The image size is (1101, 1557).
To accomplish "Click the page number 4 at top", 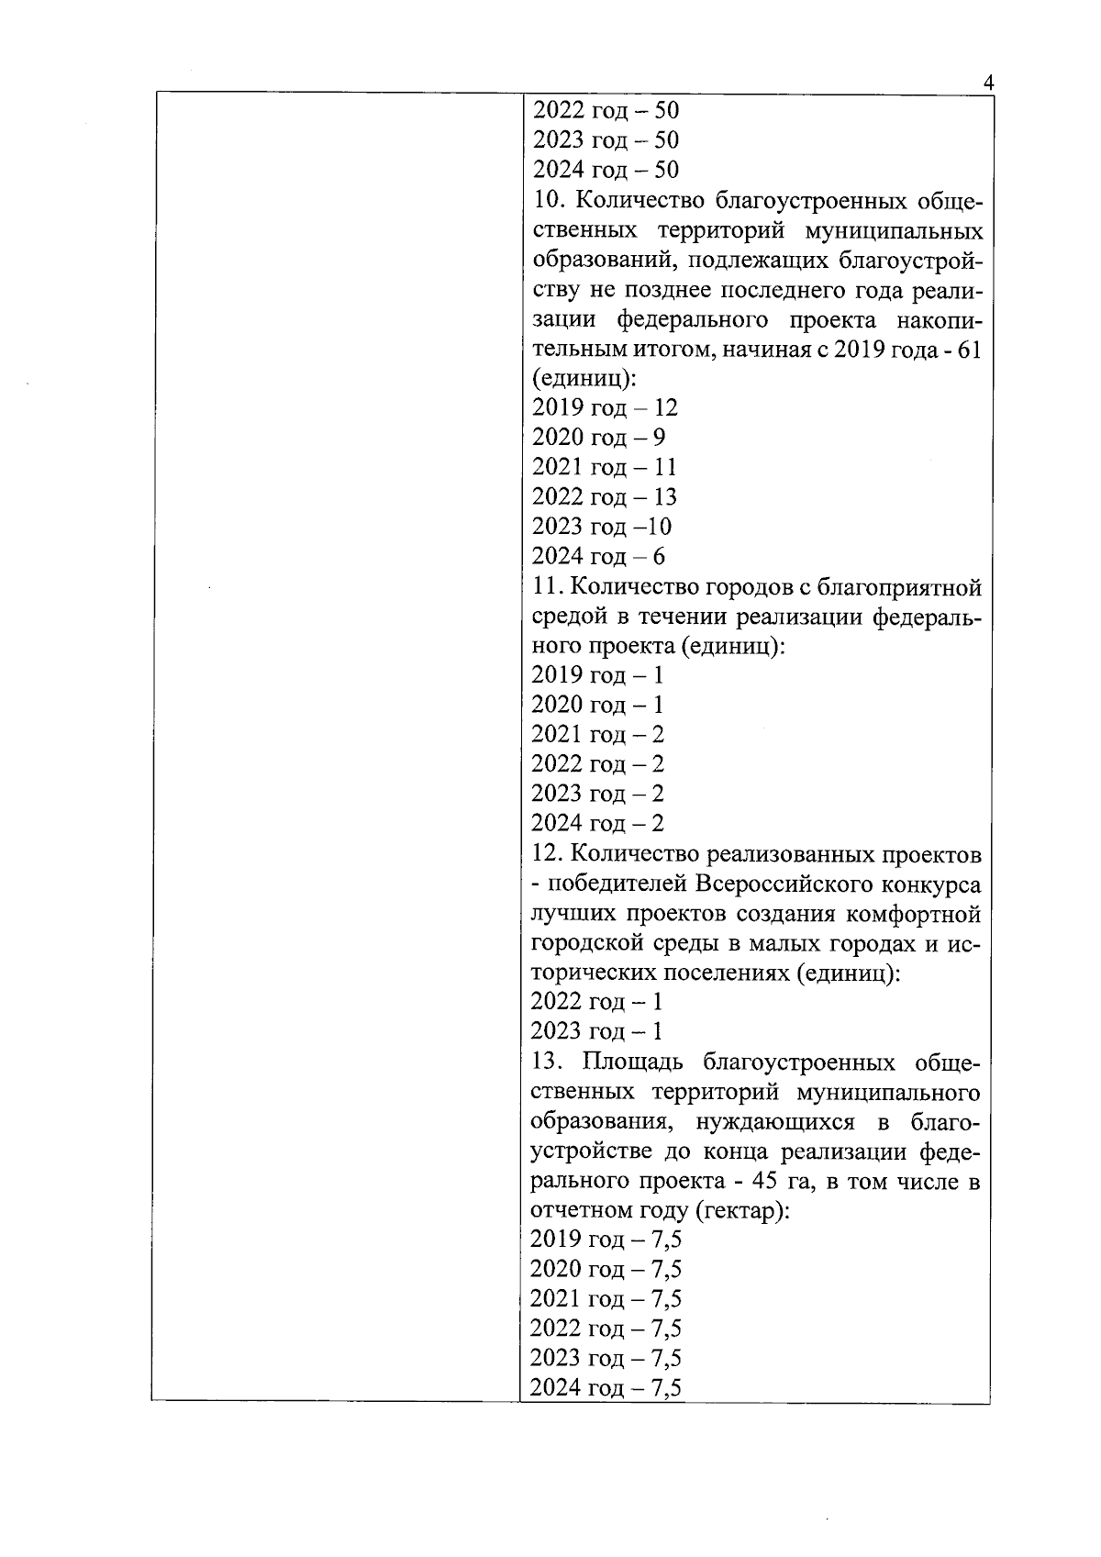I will click(987, 82).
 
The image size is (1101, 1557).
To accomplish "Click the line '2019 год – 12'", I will click(604, 407).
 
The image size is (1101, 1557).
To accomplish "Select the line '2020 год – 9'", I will click(598, 437).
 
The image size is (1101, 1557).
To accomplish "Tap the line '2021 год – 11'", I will click(604, 467).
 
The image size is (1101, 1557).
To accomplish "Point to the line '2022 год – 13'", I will click(604, 496).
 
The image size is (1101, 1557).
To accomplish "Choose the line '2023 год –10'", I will click(601, 527).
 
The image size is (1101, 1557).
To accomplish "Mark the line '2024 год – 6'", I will click(598, 556).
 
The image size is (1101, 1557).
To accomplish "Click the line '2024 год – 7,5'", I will click(606, 1388).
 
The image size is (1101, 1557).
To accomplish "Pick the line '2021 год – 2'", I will click(597, 734).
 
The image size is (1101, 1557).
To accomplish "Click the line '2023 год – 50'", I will click(606, 140).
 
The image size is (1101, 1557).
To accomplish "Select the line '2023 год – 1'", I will click(596, 1031).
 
